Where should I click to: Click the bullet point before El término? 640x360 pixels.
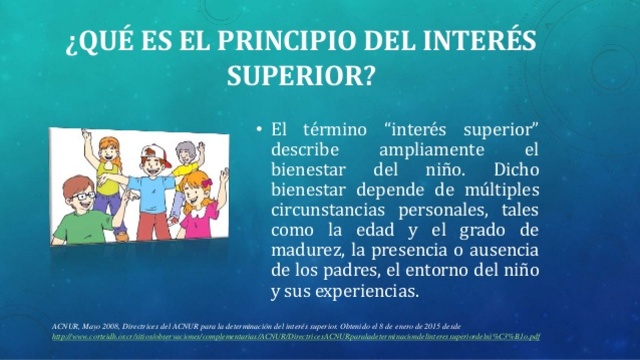258,130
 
